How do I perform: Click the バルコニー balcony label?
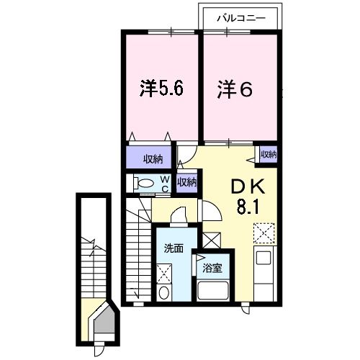point(241,18)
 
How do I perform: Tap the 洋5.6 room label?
point(162,89)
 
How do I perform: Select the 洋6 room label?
point(235,89)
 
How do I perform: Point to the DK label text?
point(248,186)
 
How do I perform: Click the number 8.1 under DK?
point(248,207)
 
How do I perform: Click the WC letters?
point(165,184)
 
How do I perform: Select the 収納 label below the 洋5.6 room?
point(153,159)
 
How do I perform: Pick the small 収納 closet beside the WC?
point(186,182)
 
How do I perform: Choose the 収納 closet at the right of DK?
point(269,154)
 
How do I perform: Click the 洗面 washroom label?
point(174,248)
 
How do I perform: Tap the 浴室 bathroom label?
point(212,268)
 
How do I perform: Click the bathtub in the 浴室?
point(212,290)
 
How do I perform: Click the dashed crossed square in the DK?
point(264,233)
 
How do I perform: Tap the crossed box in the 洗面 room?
point(164,274)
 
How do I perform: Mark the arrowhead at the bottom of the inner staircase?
point(138,294)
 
